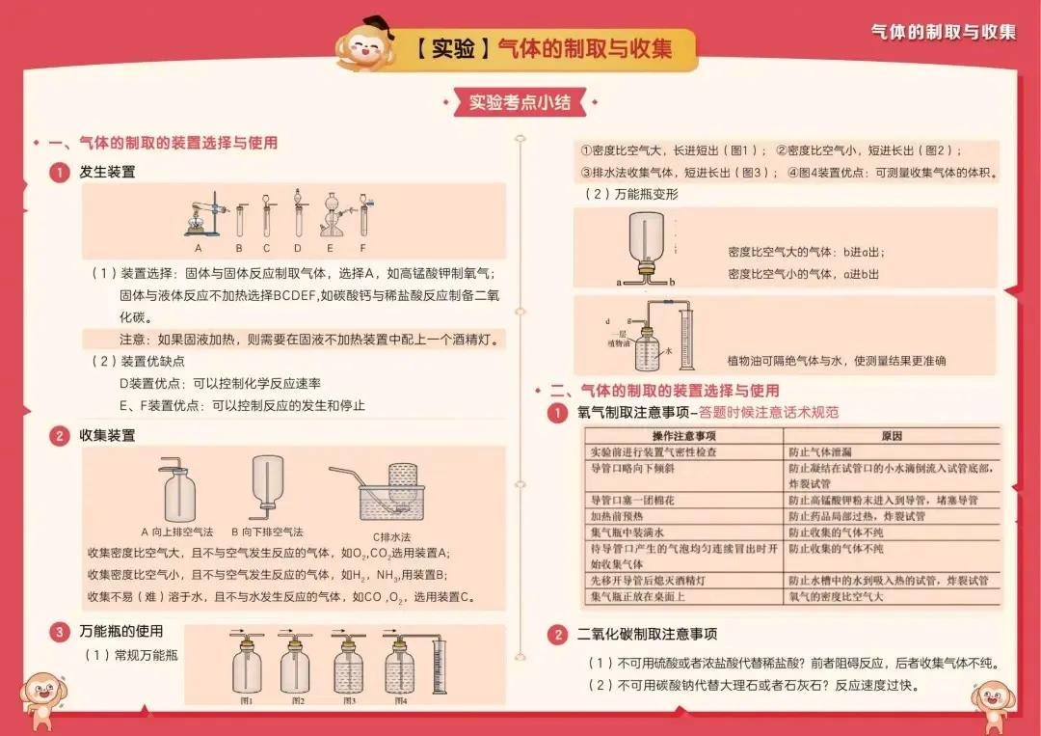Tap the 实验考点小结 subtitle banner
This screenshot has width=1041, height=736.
(520, 101)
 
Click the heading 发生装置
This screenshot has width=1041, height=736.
(107, 172)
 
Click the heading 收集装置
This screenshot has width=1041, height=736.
(107, 435)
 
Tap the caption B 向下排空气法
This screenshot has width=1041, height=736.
(267, 532)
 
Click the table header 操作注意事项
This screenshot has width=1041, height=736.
(684, 437)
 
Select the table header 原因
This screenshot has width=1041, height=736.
(891, 437)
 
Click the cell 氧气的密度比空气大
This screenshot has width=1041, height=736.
(836, 597)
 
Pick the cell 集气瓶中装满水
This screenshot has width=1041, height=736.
(627, 532)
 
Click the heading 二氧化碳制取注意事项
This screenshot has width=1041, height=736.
(647, 634)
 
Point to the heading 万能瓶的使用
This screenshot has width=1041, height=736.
(120, 632)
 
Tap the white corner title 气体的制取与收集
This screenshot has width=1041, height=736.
(943, 32)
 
